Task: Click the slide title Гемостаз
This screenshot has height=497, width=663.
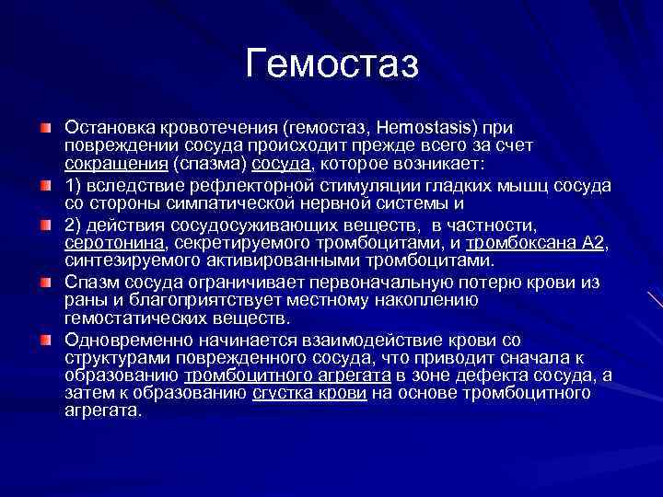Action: pos(332,64)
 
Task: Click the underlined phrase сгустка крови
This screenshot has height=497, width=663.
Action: pos(309,393)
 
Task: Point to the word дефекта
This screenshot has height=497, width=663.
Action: pos(495,376)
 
